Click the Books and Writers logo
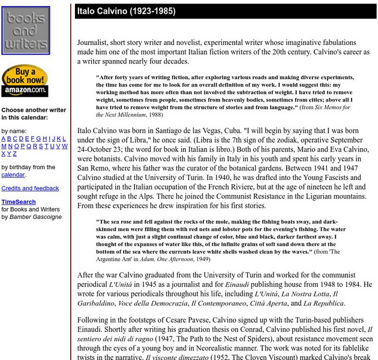pyautogui.click(x=26, y=31)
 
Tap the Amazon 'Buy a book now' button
pyautogui.click(x=25, y=81)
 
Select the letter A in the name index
pyautogui.click(x=4, y=139)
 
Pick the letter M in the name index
pyautogui.click(x=4, y=146)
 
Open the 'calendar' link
pyautogui.click(x=13, y=175)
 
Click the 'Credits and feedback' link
pyautogui.click(x=30, y=188)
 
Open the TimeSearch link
pyautogui.click(x=19, y=202)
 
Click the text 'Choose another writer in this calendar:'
pyautogui.click(x=34, y=114)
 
